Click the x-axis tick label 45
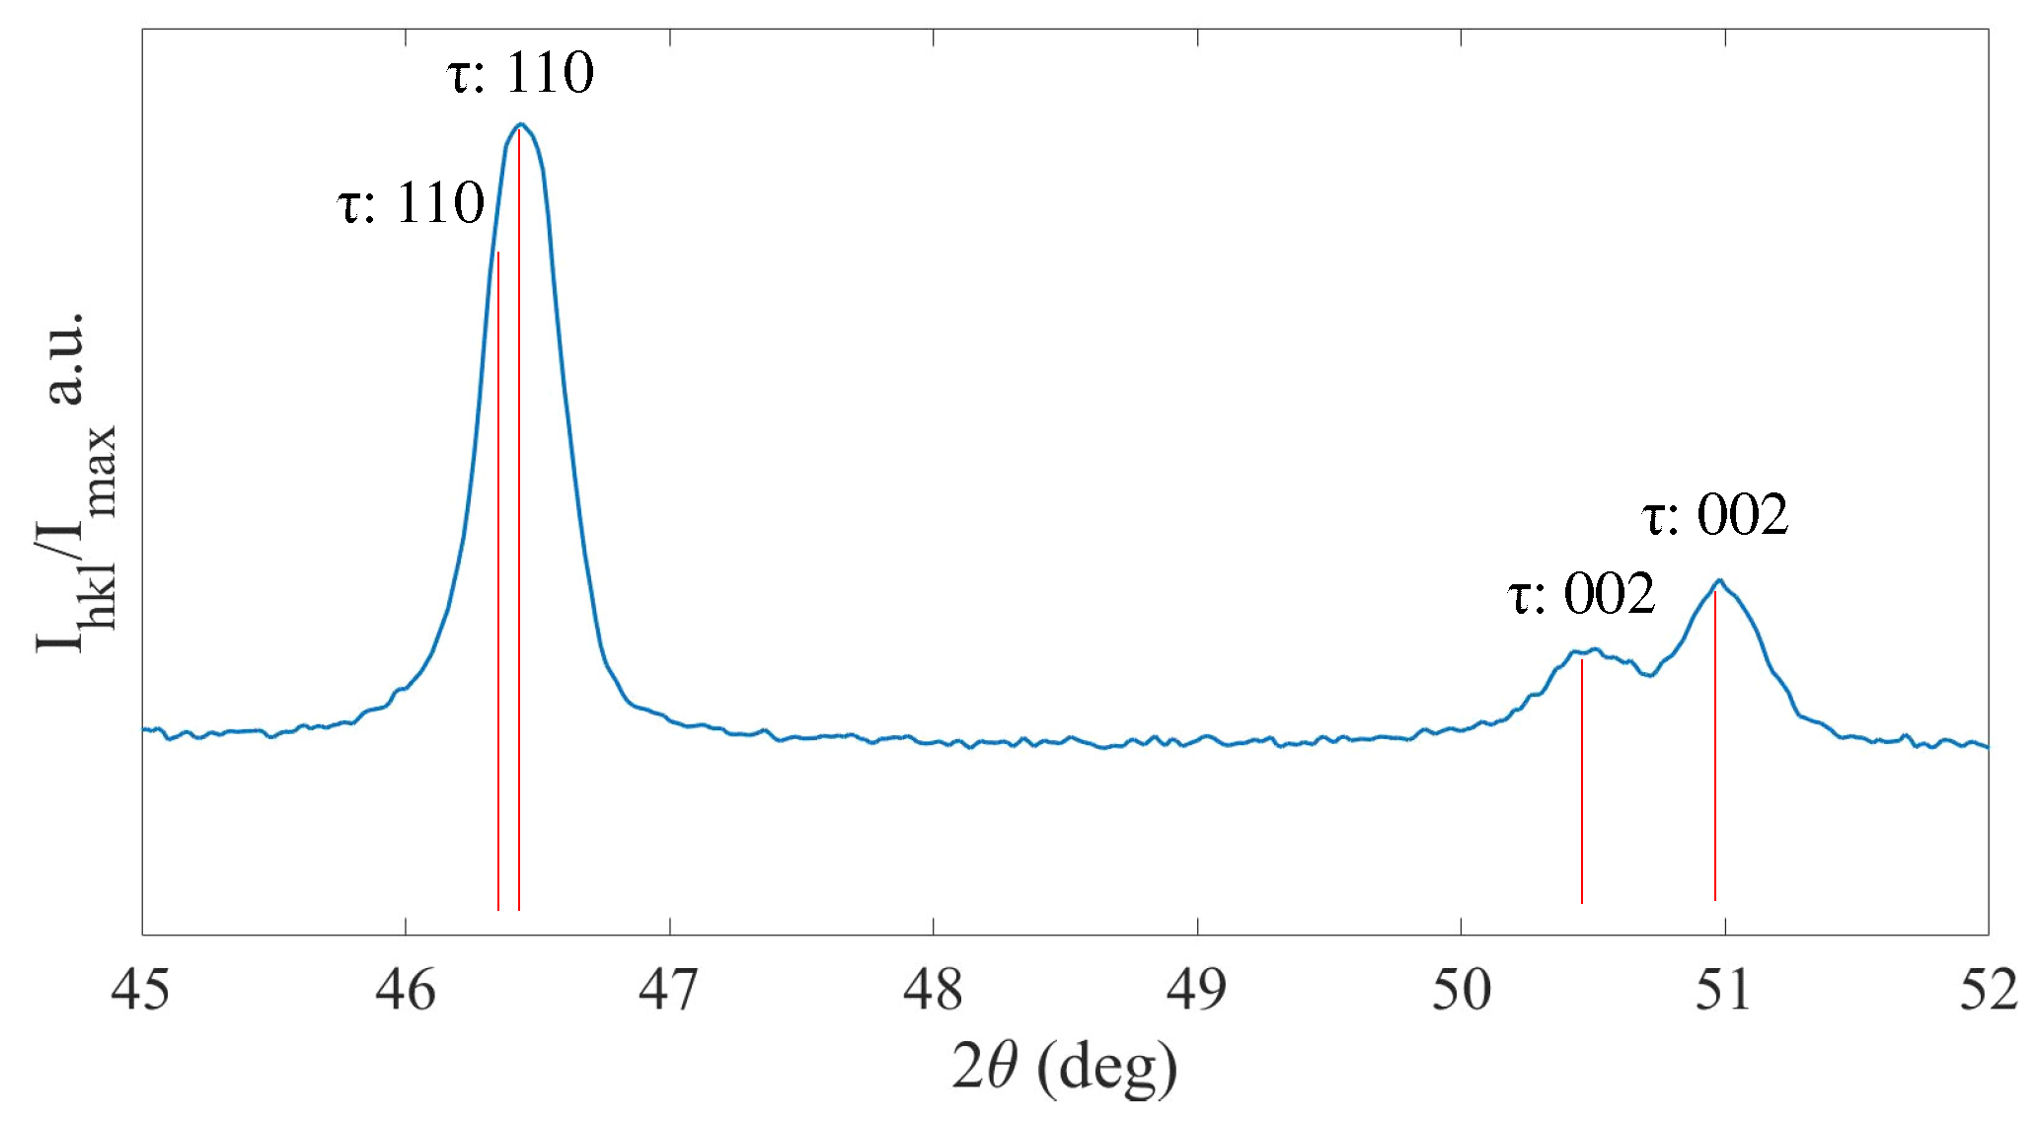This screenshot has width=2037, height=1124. point(140,990)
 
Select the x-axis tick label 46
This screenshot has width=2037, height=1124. point(405,990)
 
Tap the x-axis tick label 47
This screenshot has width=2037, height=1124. point(668,990)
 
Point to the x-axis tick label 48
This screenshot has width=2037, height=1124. point(933,990)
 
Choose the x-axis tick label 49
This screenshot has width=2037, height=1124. point(1196,990)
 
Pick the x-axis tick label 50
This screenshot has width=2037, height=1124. point(1461,990)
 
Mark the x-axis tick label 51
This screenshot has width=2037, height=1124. point(1724,990)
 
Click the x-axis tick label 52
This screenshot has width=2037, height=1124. point(1988,990)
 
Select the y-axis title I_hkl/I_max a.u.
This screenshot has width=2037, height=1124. point(75,484)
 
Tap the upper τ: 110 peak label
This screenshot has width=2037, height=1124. point(520,73)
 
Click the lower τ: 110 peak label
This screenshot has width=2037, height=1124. point(411,204)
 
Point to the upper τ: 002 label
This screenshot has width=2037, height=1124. point(1714,515)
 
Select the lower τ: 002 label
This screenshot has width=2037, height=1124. point(1581,594)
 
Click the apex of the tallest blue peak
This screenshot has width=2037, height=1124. point(521,124)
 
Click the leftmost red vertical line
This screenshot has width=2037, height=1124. point(498,592)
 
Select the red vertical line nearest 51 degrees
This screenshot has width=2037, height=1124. point(1715,750)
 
